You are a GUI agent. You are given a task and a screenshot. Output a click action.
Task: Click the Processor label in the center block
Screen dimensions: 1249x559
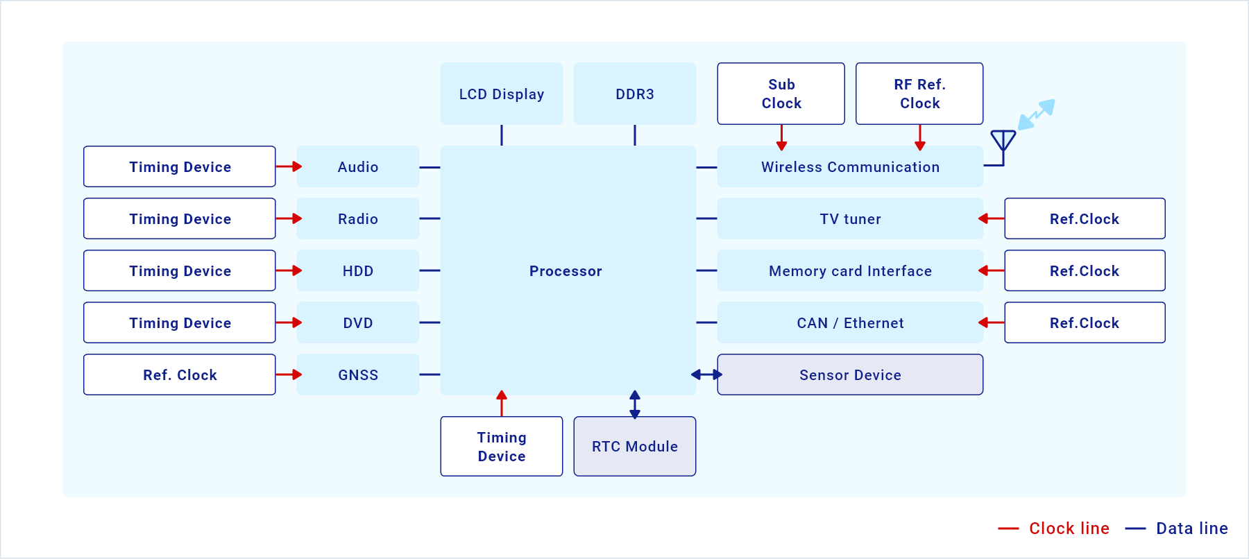[x=566, y=271]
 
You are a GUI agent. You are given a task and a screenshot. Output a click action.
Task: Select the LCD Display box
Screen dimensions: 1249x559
[x=502, y=94]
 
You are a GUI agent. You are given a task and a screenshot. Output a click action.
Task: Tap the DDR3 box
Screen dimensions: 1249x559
[x=635, y=94]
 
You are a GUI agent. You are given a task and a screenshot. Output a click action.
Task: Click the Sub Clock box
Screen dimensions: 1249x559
[x=781, y=94]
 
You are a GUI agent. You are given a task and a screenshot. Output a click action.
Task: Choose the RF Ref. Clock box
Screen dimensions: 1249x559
[x=919, y=94]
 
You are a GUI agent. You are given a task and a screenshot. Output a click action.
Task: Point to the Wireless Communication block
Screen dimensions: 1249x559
[x=850, y=166]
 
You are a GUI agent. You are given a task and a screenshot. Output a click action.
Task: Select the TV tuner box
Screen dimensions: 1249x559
[x=850, y=218]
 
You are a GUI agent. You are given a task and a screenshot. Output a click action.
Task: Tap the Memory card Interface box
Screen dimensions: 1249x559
[x=850, y=270]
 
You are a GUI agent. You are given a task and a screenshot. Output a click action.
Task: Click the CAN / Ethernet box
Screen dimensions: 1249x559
[x=850, y=322]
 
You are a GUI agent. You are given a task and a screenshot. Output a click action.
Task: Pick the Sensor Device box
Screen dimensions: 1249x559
[x=850, y=375]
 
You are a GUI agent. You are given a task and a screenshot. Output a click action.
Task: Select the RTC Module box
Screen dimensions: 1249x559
[x=635, y=446]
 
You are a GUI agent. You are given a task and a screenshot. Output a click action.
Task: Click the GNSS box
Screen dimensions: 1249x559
[x=358, y=375]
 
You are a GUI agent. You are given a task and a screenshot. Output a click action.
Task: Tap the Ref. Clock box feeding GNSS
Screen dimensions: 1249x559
[x=180, y=375]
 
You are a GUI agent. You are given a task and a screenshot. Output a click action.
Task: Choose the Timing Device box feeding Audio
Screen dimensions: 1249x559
[x=180, y=166]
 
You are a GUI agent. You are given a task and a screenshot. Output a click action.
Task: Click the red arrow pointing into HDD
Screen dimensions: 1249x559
[x=289, y=270]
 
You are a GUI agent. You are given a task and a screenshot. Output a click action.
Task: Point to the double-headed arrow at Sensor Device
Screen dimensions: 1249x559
[x=706, y=375]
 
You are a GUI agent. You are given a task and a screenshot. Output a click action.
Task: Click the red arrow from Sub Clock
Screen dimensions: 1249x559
[x=781, y=137]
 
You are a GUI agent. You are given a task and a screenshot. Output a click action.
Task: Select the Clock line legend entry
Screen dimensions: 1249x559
[x=1053, y=528]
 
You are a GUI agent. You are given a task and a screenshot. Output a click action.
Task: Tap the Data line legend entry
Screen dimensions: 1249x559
[x=1176, y=528]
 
